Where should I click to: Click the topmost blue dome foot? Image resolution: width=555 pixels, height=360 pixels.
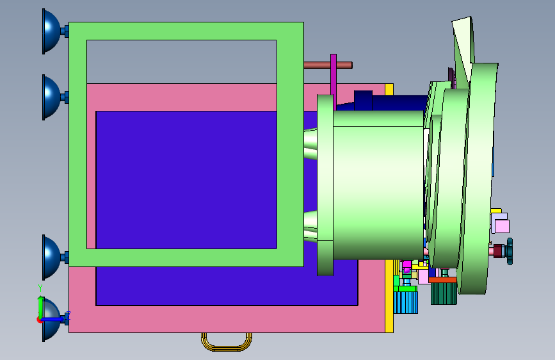tap(51, 31)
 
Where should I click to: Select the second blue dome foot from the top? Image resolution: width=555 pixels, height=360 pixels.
tap(51, 97)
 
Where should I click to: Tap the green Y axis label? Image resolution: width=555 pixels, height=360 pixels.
tap(40, 288)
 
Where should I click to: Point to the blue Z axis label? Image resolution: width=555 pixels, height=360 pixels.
tap(68, 315)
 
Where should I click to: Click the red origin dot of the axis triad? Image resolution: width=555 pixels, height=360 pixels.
tap(40, 320)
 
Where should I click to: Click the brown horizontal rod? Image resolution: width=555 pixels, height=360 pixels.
tap(328, 65)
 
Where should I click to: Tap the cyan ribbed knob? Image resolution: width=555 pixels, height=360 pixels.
tap(406, 302)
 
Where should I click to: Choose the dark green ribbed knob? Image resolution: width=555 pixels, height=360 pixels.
tap(444, 293)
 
